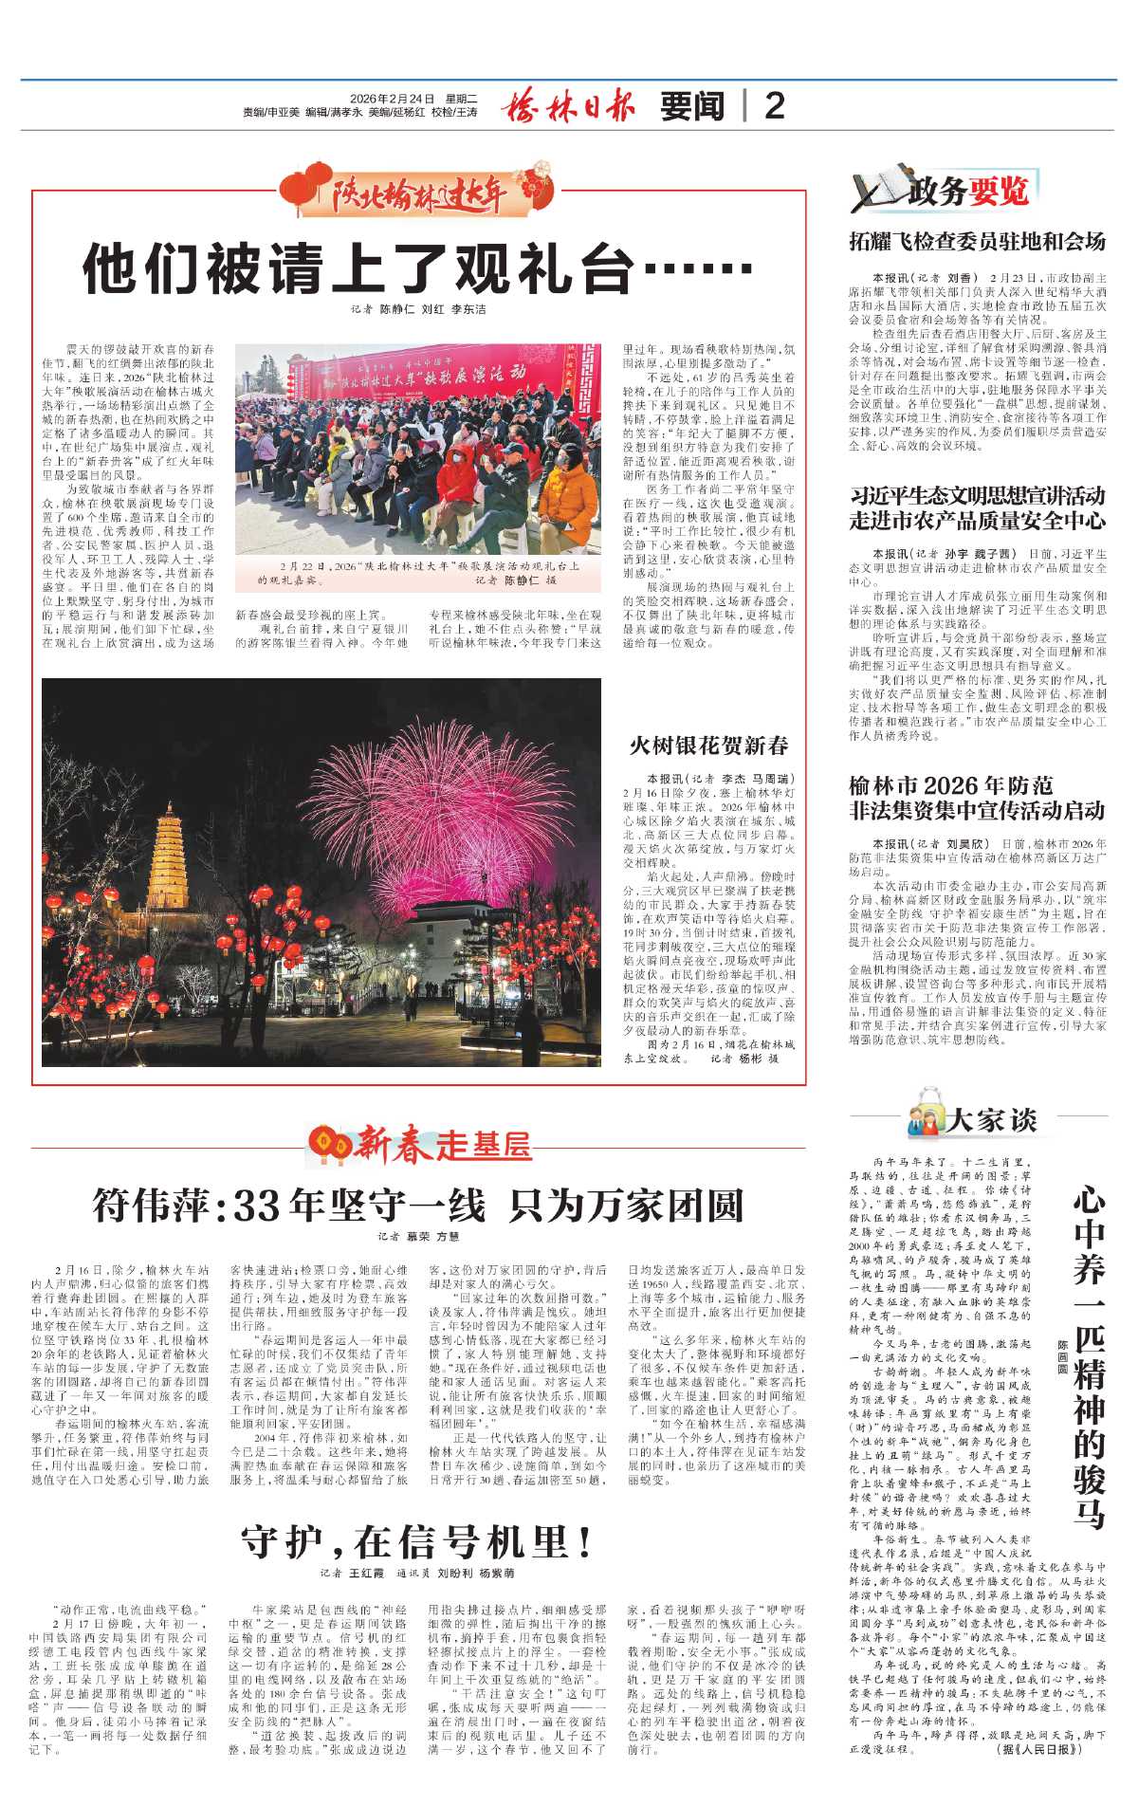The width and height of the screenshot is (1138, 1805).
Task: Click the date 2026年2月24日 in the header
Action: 391,99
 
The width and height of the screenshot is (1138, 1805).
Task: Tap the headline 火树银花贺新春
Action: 708,746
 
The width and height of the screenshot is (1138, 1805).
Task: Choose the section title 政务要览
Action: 967,193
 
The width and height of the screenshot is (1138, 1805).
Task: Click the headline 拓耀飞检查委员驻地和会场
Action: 977,242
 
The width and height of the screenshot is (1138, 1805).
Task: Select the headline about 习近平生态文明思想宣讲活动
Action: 977,507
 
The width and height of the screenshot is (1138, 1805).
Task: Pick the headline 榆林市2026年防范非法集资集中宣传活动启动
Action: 977,798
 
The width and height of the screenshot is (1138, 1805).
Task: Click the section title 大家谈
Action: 991,1120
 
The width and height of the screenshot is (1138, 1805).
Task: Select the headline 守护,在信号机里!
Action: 417,1543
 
